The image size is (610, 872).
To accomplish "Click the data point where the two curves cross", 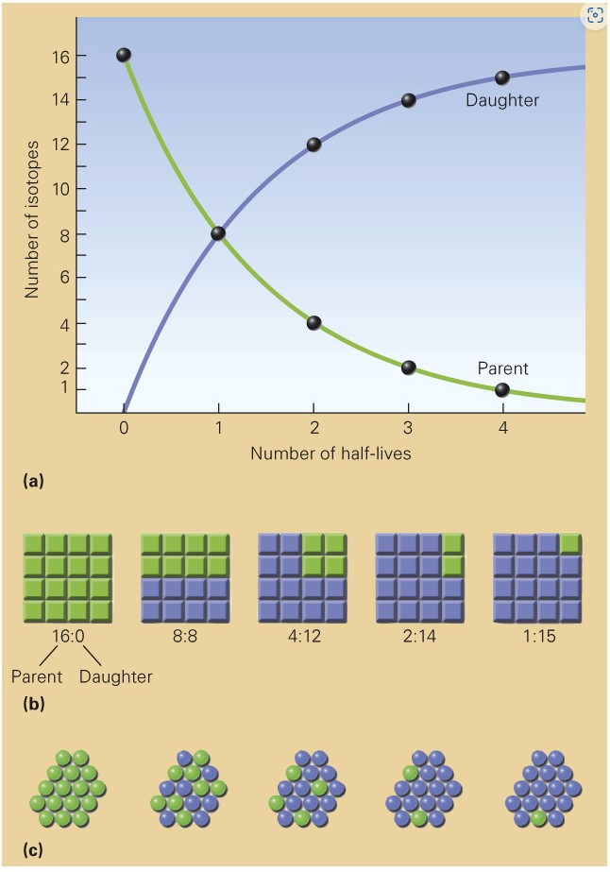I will click(x=218, y=233).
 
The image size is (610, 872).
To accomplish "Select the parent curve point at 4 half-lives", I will click(x=501, y=389).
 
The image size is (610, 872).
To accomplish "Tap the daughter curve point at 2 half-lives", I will click(x=313, y=145).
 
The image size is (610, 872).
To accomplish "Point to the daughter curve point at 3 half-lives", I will click(x=408, y=100).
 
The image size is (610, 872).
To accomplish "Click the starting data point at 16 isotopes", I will click(x=124, y=55).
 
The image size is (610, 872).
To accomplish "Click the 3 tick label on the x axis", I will click(x=408, y=427).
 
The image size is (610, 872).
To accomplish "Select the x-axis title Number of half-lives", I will click(x=330, y=453).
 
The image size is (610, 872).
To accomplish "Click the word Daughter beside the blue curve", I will click(x=501, y=100).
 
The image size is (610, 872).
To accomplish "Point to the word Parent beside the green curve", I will click(x=502, y=368).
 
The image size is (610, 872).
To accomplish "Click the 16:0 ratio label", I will click(x=67, y=637).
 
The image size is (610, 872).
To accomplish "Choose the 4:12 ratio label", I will click(x=301, y=637).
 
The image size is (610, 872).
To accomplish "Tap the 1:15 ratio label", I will click(x=536, y=637).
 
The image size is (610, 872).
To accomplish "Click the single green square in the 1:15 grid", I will click(x=569, y=543).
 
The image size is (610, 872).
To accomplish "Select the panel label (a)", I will click(x=33, y=481).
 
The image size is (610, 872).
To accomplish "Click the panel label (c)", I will click(x=33, y=848).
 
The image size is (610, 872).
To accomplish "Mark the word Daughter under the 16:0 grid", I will click(x=116, y=676).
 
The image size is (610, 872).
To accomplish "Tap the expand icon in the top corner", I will click(x=595, y=15).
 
